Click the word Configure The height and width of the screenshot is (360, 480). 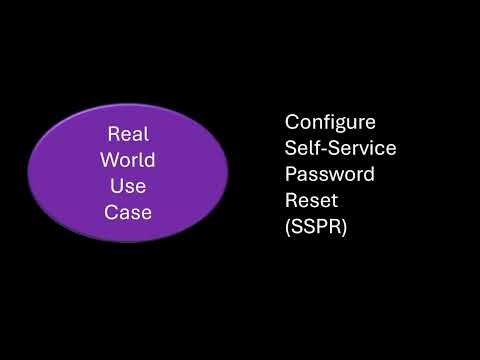pos(330,122)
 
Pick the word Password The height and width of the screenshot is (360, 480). pos(330,174)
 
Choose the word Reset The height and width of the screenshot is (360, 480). pos(310,200)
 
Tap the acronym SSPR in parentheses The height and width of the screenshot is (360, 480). pos(316,227)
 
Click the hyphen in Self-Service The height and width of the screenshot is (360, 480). pos(322,149)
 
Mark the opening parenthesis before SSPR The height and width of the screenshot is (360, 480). pos(289,227)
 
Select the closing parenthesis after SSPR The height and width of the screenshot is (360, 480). pos(344,227)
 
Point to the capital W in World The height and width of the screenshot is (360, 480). pos(109,160)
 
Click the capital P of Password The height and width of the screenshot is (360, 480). pos(291,174)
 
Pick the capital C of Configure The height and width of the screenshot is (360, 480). pos(292,122)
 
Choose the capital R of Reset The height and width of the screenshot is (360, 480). pos(291,200)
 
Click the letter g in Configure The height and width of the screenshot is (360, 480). pos(344,124)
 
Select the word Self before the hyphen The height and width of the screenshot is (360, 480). pos(302,148)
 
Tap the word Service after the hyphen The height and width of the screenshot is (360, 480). pos(361,148)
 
